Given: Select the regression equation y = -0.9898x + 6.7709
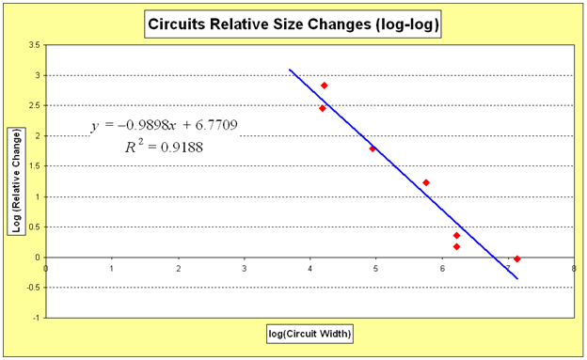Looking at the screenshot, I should tap(164, 127).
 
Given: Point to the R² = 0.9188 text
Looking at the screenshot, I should tap(164, 147).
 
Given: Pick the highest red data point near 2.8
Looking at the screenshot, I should tap(324, 86).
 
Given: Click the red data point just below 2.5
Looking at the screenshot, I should tap(322, 108).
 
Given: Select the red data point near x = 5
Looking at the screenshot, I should tap(373, 149).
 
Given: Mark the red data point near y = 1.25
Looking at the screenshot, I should tap(426, 182).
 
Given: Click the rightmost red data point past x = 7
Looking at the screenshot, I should tap(517, 258).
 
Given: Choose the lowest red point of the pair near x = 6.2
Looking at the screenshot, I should tap(456, 246).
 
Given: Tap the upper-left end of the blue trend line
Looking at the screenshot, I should tap(290, 70).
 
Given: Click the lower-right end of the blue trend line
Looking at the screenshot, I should tap(517, 278).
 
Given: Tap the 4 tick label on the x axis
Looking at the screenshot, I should tap(309, 268).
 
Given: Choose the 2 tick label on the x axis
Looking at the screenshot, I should tap(178, 268).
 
